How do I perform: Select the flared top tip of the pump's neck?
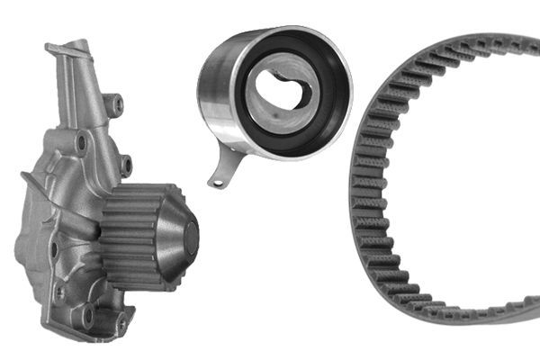[x=80, y=47]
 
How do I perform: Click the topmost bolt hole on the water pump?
[x=116, y=105]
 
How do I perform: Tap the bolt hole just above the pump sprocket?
[x=125, y=166]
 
